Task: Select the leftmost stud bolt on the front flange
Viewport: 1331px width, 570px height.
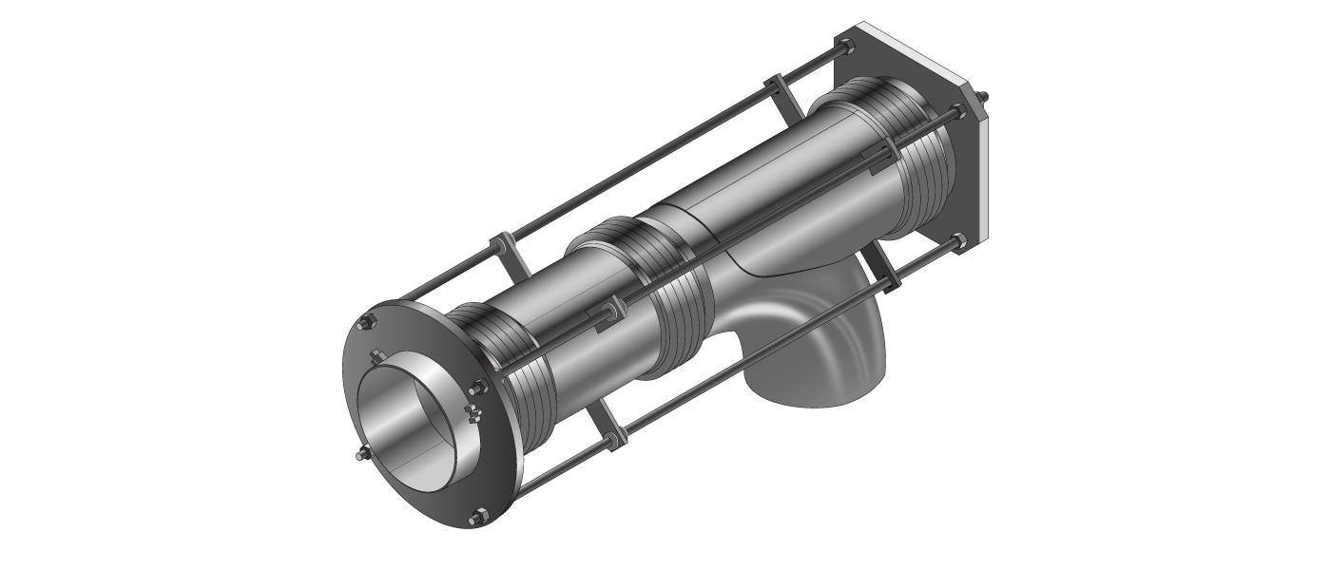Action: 359,456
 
